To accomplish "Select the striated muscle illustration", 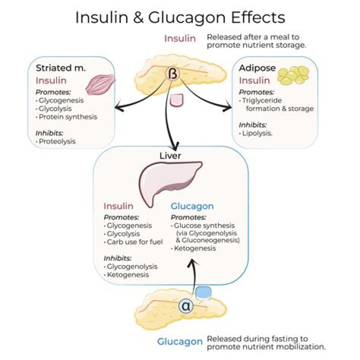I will click(x=100, y=84).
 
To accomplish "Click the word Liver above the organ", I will click(x=170, y=155).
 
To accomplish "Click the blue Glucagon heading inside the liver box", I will click(x=192, y=206).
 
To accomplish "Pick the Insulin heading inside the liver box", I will click(x=118, y=206).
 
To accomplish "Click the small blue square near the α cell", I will click(x=203, y=293).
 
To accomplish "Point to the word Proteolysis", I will click(x=56, y=141).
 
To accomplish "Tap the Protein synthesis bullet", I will click(x=68, y=117).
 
